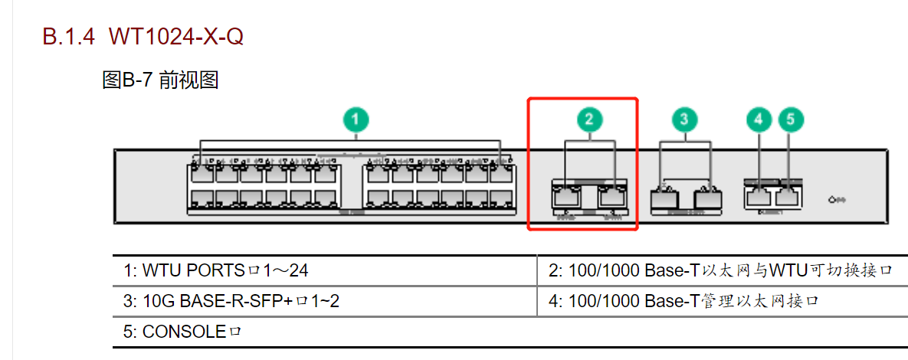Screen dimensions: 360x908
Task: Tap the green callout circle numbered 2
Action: coord(589,119)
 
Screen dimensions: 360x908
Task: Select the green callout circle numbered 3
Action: coord(684,119)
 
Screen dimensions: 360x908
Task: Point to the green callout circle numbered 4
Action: coord(759,119)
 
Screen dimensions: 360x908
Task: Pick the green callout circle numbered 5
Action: coord(792,119)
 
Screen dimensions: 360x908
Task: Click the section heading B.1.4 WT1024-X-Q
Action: coord(143,36)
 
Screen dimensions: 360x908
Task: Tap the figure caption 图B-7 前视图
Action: coord(160,80)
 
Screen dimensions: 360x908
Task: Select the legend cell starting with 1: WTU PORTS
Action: coord(216,270)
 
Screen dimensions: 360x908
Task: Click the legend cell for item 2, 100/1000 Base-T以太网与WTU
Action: coord(720,270)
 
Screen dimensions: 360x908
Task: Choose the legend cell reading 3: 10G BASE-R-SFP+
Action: coord(231,301)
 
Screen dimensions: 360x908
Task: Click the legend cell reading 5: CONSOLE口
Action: coord(182,332)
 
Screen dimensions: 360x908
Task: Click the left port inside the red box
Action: coord(565,197)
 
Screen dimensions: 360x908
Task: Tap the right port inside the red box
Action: coord(614,197)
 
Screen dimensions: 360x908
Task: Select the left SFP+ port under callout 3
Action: coord(661,198)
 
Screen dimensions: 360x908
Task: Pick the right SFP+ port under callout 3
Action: coord(707,198)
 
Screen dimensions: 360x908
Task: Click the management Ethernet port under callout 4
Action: coord(758,197)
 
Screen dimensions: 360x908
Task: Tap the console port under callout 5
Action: coord(788,197)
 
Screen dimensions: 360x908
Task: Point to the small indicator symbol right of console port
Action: coord(837,200)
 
